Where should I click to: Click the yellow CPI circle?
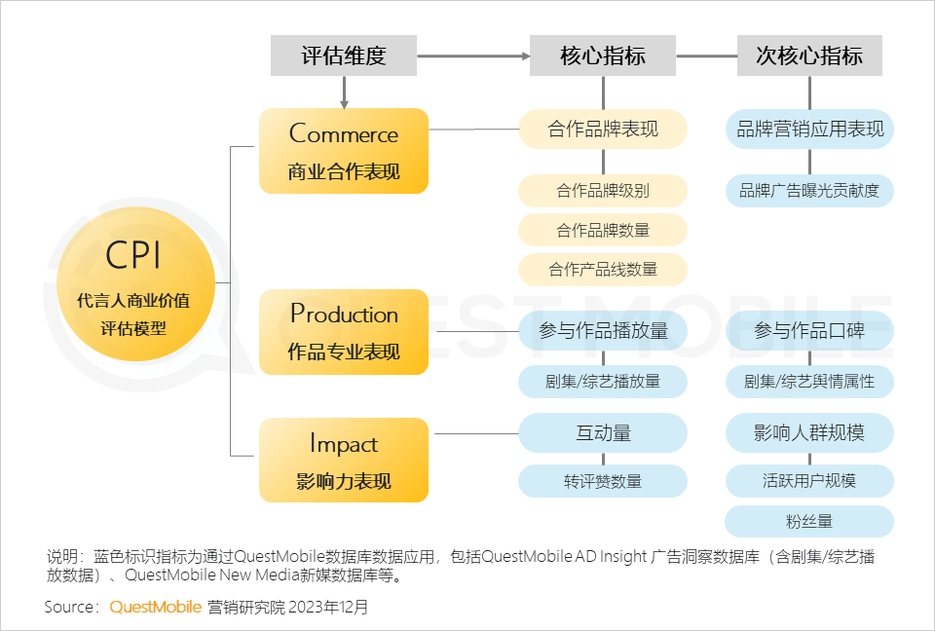(136, 284)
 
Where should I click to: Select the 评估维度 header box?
(344, 56)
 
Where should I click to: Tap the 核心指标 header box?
(603, 56)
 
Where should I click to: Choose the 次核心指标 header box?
(809, 56)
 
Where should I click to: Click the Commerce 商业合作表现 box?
(344, 151)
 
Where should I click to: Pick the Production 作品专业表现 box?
(344, 332)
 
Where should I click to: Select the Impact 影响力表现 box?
(344, 460)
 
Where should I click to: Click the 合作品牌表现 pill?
(603, 129)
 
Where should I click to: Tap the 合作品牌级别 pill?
(603, 191)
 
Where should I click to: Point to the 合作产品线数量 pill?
(603, 270)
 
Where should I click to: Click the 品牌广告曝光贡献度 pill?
(809, 191)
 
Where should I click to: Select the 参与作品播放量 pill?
(603, 330)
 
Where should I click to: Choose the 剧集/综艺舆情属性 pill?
(809, 382)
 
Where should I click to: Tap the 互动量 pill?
(603, 433)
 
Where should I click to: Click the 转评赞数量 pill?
(603, 481)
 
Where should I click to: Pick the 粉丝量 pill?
(809, 521)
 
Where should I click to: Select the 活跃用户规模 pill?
(809, 481)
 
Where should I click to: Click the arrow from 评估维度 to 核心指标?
(473, 56)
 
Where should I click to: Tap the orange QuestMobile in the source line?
(156, 608)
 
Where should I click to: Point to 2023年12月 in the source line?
(327, 608)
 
